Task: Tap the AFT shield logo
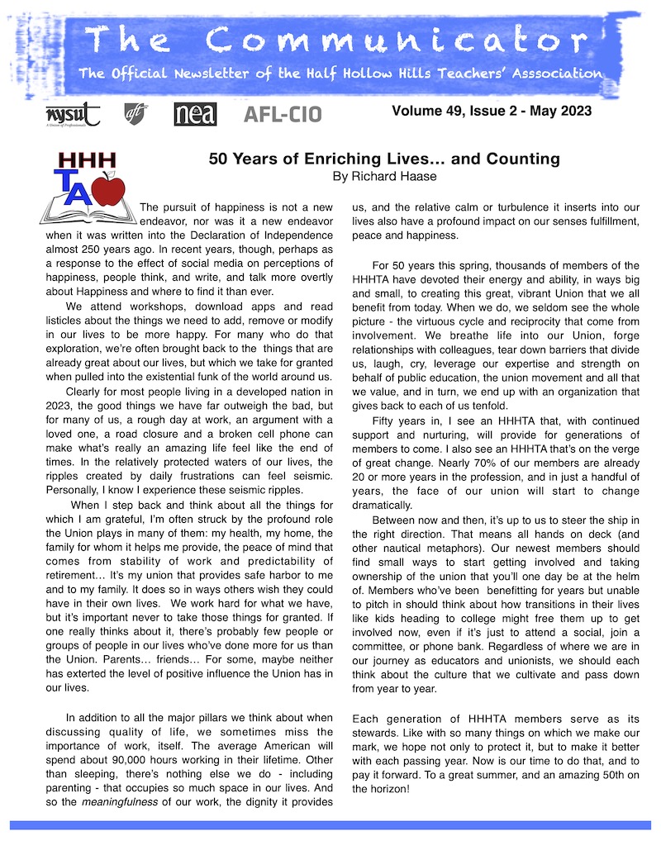click(x=135, y=113)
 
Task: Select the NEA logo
click(x=195, y=114)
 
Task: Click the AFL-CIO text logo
click(x=283, y=114)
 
